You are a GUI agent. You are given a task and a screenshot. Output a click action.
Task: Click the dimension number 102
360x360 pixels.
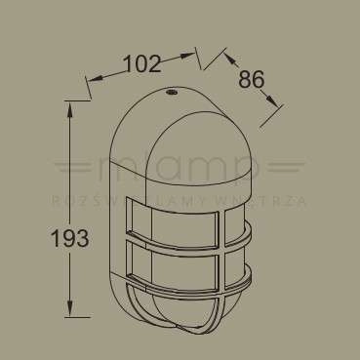tap(142, 64)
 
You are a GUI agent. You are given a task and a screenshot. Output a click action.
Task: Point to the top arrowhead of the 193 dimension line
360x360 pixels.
tap(70, 105)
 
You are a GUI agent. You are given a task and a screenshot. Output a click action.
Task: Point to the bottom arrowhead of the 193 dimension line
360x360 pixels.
tap(70, 315)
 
